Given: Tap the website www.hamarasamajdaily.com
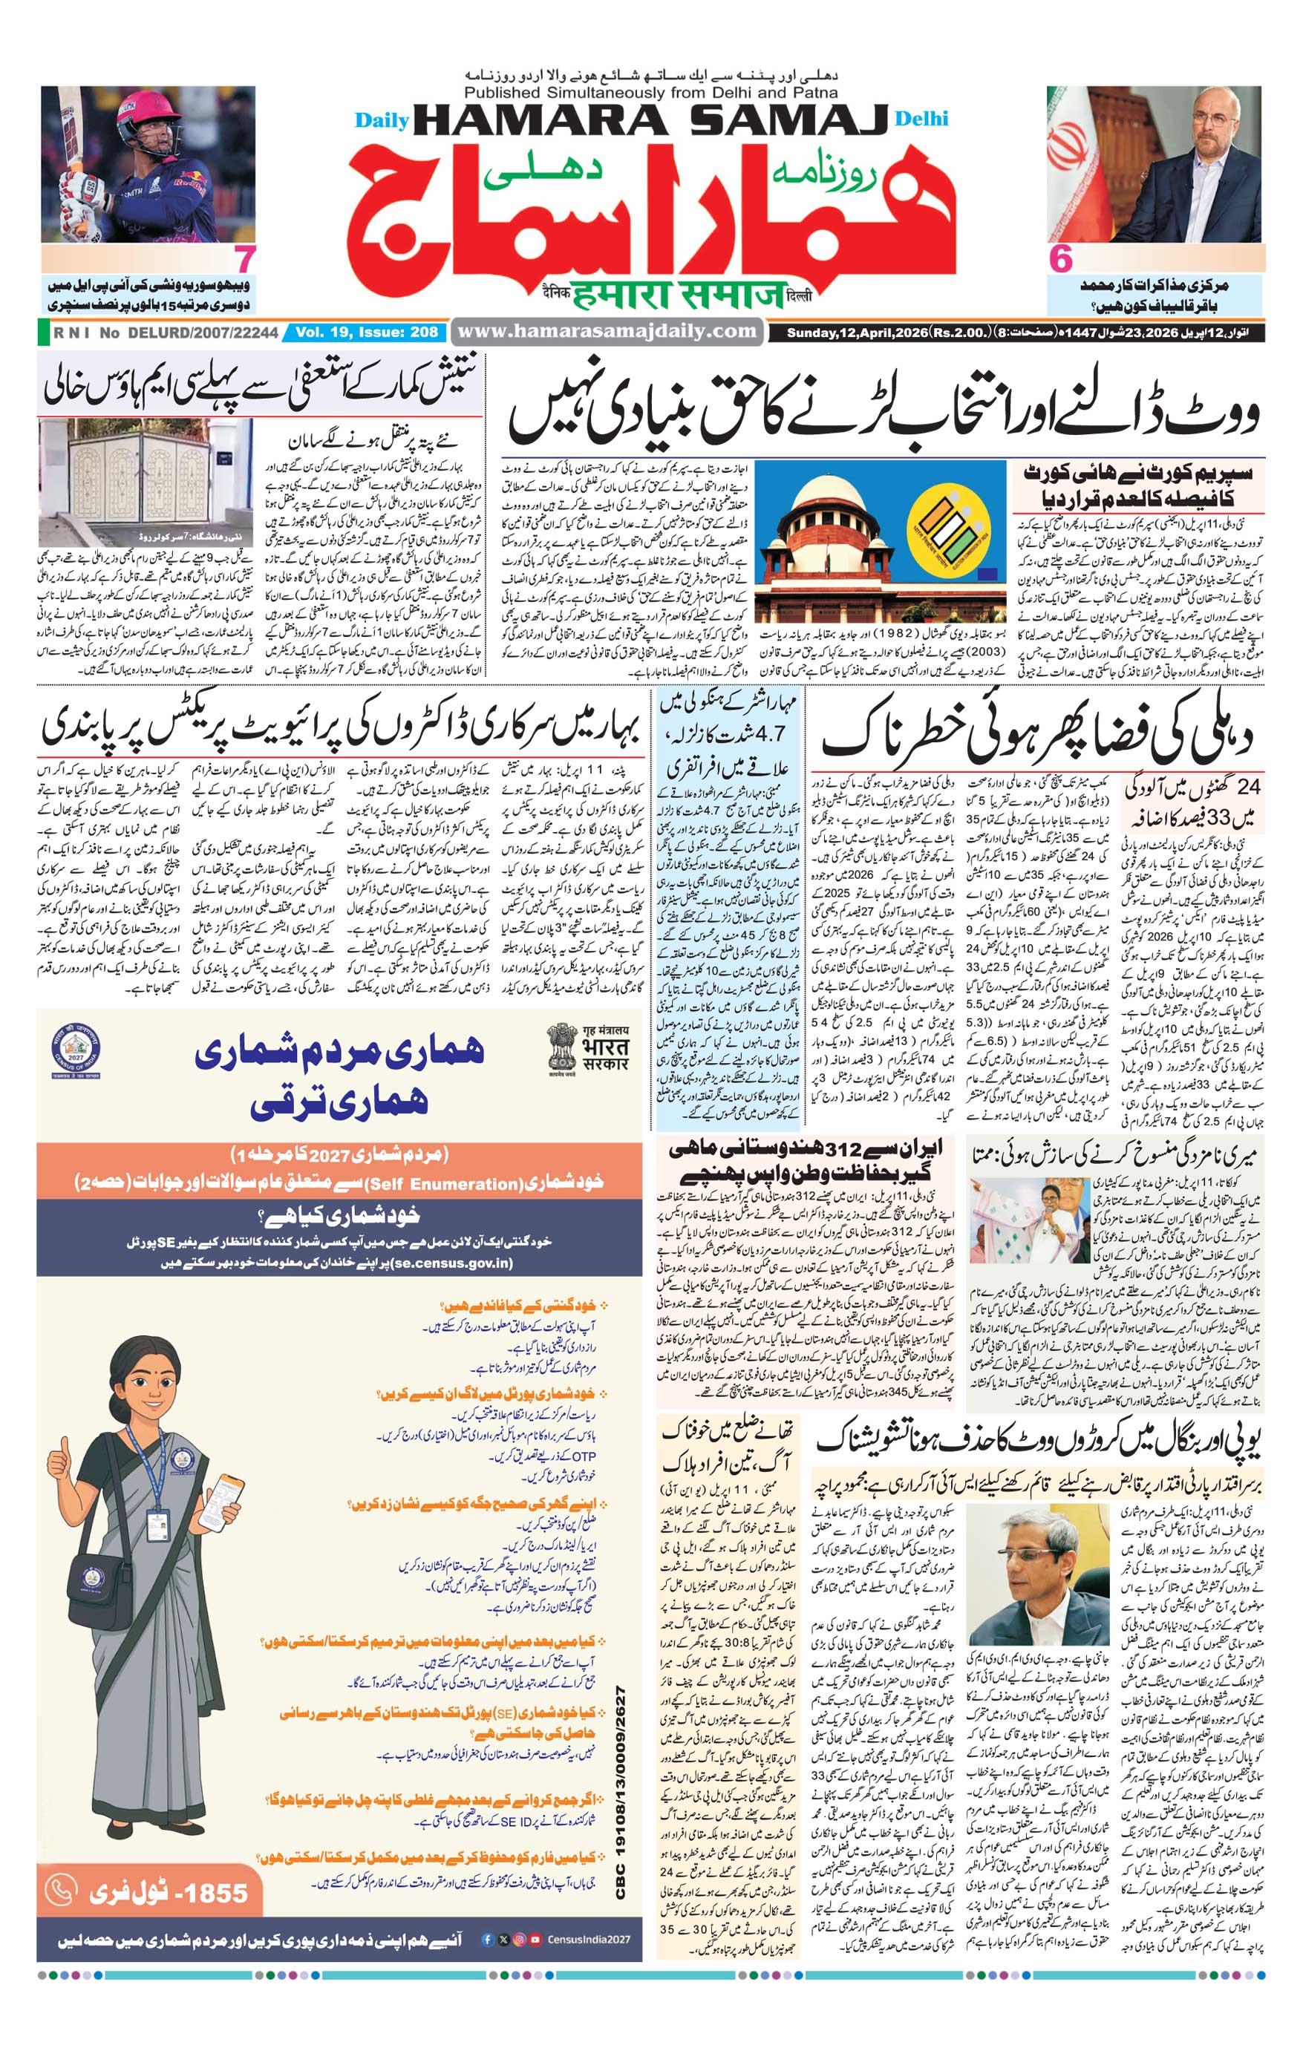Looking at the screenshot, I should [x=606, y=331].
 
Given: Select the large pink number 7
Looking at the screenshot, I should [x=245, y=259].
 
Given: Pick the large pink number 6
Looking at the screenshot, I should [x=1061, y=259].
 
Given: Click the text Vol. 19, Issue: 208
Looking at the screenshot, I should [x=367, y=333].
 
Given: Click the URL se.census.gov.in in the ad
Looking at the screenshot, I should [x=455, y=1262].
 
